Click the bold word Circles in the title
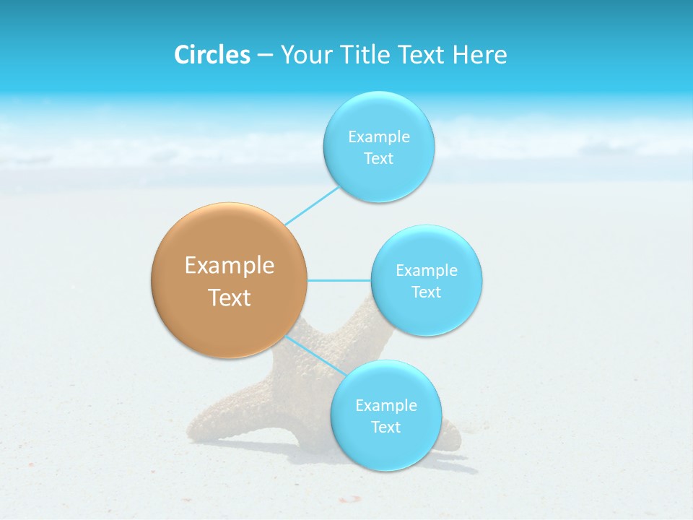coord(212,55)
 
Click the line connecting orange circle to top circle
coord(312,206)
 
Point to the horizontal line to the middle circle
coord(339,280)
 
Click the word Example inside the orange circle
coord(230,266)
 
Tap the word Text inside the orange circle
coord(230,298)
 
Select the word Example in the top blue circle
coord(378,136)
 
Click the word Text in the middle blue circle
coord(426,292)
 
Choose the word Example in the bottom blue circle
coord(385,405)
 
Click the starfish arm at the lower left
coord(209,426)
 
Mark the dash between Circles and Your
coord(264,56)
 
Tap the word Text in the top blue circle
coord(378,158)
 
